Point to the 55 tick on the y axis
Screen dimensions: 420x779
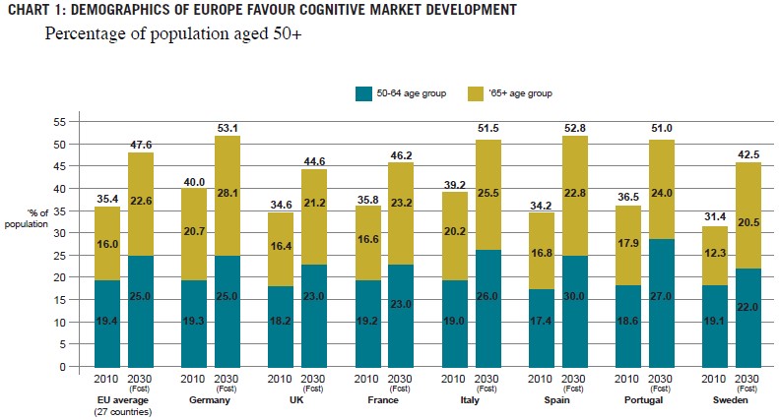pyautogui.click(x=59, y=121)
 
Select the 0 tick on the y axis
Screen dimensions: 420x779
pyautogui.click(x=62, y=367)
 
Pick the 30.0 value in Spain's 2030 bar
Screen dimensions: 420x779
pyautogui.click(x=574, y=322)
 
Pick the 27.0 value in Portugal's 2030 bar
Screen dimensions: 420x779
pyautogui.click(x=661, y=322)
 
